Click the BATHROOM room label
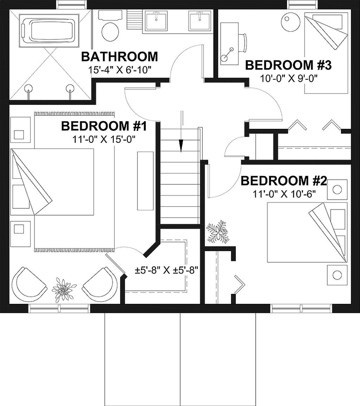(x=120, y=57)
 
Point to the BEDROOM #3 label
(x=289, y=65)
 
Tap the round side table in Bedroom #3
(x=289, y=21)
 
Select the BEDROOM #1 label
(x=104, y=126)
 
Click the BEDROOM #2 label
(x=284, y=181)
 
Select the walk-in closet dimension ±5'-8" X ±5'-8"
(x=166, y=270)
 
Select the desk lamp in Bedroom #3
(x=227, y=54)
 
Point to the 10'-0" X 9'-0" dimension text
(x=289, y=78)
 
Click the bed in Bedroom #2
(x=307, y=233)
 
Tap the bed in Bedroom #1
(x=52, y=182)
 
